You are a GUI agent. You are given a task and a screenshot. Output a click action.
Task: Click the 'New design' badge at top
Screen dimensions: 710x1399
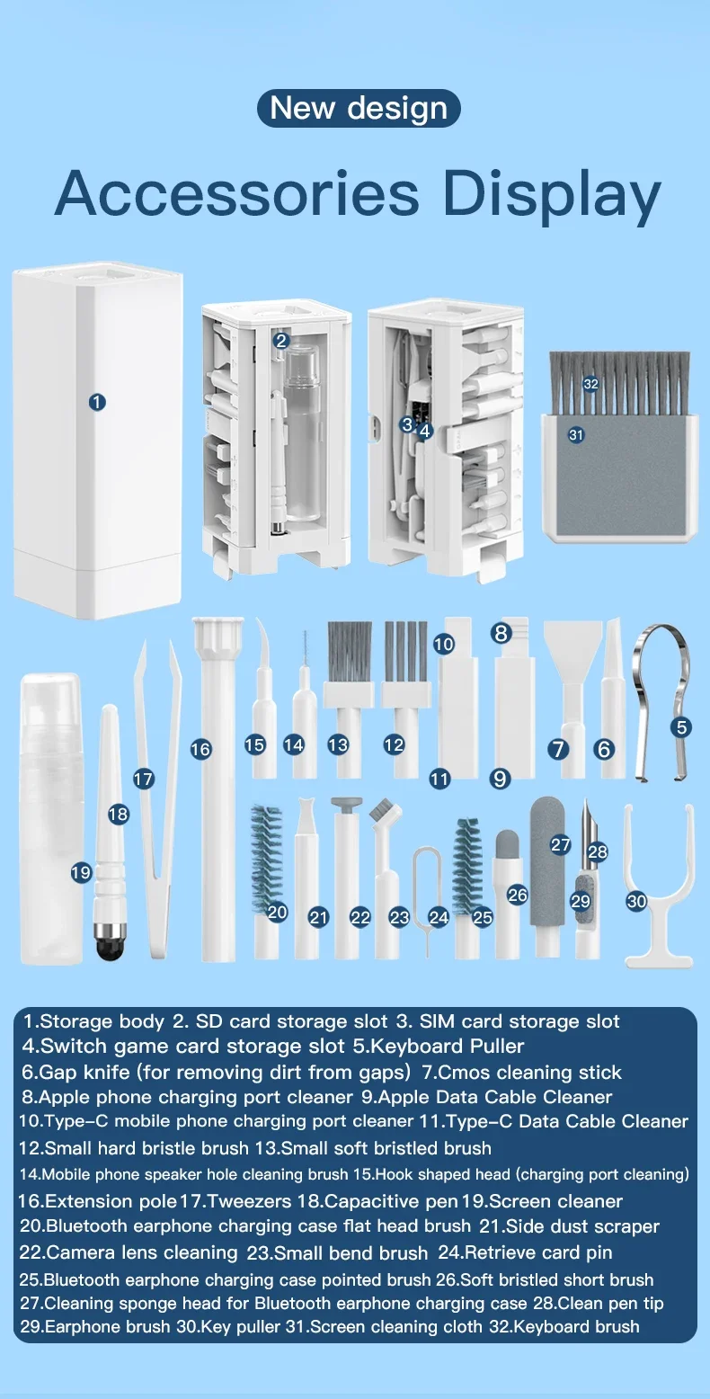point(359,108)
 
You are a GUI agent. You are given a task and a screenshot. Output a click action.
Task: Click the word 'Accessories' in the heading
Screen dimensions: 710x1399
point(236,193)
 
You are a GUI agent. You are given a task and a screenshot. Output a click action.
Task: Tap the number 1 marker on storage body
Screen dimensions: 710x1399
point(97,402)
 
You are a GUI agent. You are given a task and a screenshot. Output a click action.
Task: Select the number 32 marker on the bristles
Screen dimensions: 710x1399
point(590,384)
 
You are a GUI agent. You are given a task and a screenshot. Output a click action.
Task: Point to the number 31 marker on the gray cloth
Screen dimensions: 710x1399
point(576,434)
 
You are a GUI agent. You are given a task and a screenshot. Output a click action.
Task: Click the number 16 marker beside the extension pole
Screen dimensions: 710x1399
point(200,750)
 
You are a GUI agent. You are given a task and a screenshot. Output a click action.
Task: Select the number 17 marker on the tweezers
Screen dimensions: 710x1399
point(143,779)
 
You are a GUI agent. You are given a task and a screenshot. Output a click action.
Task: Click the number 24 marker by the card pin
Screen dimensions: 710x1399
point(439,917)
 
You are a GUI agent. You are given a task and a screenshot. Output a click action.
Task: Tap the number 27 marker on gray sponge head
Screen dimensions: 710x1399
point(560,845)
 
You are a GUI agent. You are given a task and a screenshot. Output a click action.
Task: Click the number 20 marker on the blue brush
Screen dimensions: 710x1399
point(277,913)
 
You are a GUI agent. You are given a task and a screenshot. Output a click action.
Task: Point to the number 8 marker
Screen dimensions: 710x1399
point(501,633)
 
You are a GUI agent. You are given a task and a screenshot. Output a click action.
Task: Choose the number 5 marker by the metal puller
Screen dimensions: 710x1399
point(681,727)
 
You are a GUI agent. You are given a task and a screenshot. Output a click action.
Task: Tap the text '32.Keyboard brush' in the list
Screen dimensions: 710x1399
point(564,1326)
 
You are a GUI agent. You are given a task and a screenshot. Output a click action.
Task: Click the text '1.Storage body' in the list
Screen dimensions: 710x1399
point(93,1021)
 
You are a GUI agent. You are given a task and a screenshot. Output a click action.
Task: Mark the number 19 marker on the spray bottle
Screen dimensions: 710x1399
point(81,872)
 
